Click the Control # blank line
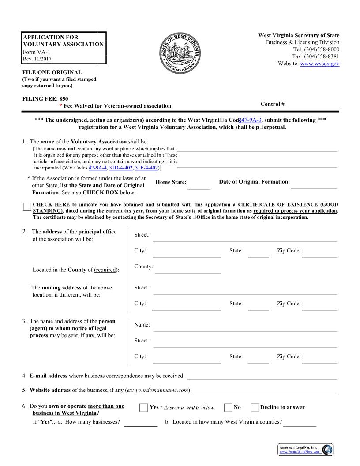pos(312,104)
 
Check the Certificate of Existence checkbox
pos(27,207)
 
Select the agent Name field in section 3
pos(245,327)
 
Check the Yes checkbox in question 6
pos(144,407)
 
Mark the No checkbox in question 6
pos(228,407)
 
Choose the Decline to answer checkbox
pos(255,407)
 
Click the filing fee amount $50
pos(64,99)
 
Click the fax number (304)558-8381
pos(322,56)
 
